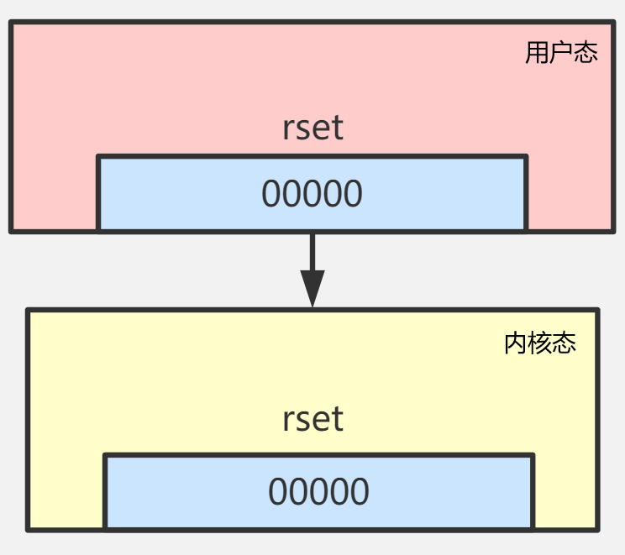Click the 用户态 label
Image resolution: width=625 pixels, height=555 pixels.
pos(561,53)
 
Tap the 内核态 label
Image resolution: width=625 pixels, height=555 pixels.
pos(539,343)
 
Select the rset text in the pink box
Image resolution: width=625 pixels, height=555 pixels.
pos(312,128)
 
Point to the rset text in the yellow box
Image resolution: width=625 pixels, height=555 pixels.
pos(312,418)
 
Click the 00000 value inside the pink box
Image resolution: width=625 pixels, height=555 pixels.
pos(312,194)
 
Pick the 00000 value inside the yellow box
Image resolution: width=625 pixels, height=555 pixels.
pos(318,492)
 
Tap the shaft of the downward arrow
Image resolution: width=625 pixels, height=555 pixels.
pos(312,251)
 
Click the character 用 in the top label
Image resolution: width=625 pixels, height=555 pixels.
pos(537,53)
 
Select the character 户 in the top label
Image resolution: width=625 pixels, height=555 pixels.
pos(561,53)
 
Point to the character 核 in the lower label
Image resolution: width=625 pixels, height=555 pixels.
pos(539,343)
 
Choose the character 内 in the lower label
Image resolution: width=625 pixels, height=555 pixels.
pos(515,343)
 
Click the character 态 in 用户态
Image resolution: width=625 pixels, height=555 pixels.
pos(586,53)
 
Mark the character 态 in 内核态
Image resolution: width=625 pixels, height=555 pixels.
pos(565,343)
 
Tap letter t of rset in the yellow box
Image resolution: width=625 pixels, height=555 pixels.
pos(338,418)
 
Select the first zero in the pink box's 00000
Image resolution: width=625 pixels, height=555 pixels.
pos(270,194)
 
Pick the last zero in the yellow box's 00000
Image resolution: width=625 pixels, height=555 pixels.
pos(360,492)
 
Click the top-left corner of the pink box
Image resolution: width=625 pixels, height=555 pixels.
pos(12,24)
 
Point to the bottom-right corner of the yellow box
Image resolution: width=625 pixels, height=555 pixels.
pos(596,529)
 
